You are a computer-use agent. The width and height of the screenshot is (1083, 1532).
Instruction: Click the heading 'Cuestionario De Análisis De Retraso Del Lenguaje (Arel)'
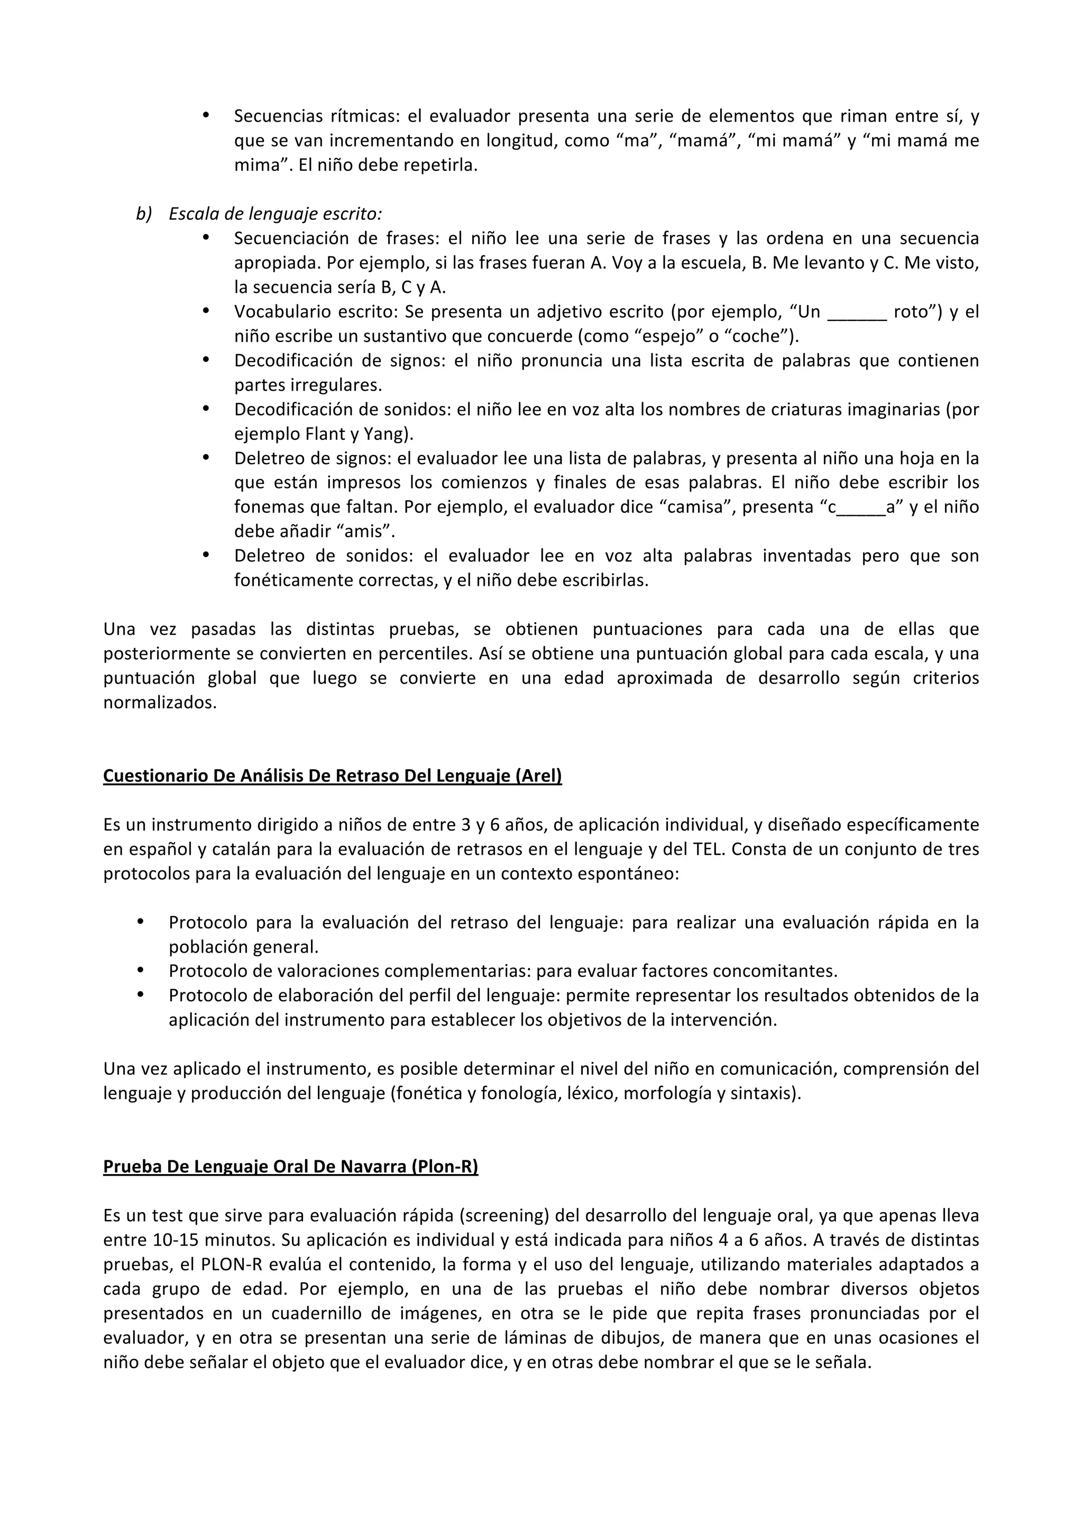(332, 776)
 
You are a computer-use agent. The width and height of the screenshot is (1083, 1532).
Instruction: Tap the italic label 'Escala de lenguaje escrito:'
(275, 214)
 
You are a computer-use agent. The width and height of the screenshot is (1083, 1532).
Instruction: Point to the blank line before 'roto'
(856, 312)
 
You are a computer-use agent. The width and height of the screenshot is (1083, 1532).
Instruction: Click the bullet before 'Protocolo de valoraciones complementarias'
(140, 971)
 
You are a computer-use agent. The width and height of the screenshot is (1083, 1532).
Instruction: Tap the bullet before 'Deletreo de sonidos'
(206, 556)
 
